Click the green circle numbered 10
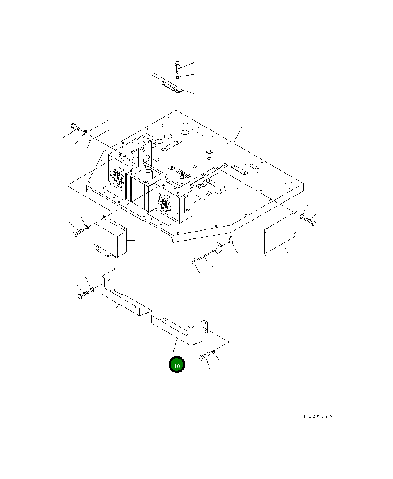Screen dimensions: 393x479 point(177,364)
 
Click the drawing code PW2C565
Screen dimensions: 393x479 point(318,417)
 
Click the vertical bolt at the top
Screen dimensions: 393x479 point(178,67)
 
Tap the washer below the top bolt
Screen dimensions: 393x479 point(178,77)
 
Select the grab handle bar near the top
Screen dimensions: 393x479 point(167,82)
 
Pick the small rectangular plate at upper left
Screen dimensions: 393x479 point(99,131)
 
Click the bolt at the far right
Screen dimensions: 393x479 point(310,221)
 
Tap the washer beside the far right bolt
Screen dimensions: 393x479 point(302,216)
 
